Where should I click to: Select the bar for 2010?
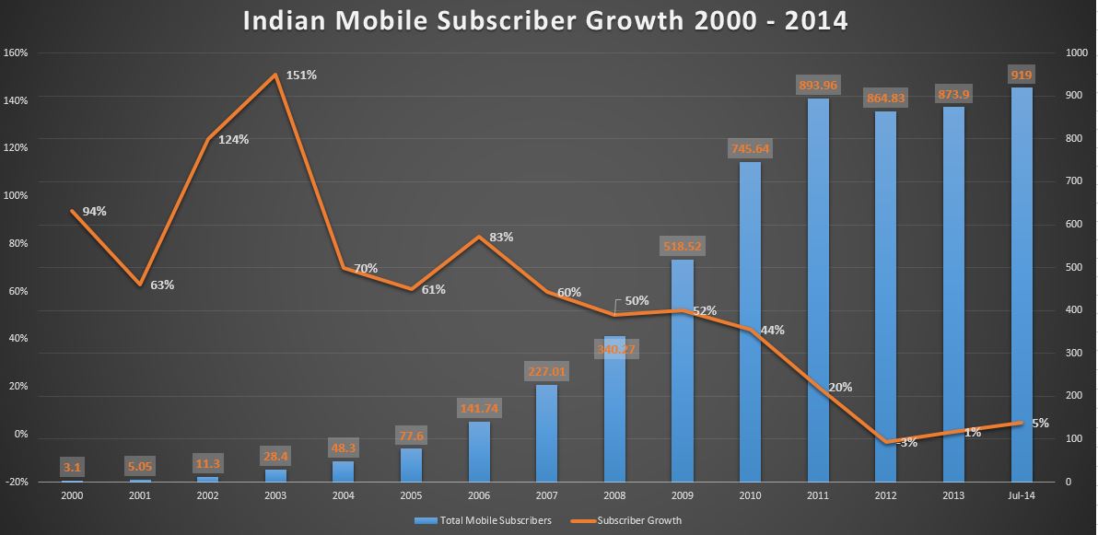(x=750, y=321)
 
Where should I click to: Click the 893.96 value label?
(x=817, y=86)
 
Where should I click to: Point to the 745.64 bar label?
(x=750, y=148)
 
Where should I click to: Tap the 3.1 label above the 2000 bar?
(x=72, y=467)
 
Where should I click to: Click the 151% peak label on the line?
(x=301, y=75)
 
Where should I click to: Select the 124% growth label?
(x=233, y=139)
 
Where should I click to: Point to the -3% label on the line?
(x=907, y=443)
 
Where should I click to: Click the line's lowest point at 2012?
(x=885, y=443)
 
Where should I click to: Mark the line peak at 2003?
(x=275, y=75)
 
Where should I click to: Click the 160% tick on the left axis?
(x=16, y=52)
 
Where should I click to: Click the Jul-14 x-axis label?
(x=1021, y=495)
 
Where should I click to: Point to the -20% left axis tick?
(x=16, y=482)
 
